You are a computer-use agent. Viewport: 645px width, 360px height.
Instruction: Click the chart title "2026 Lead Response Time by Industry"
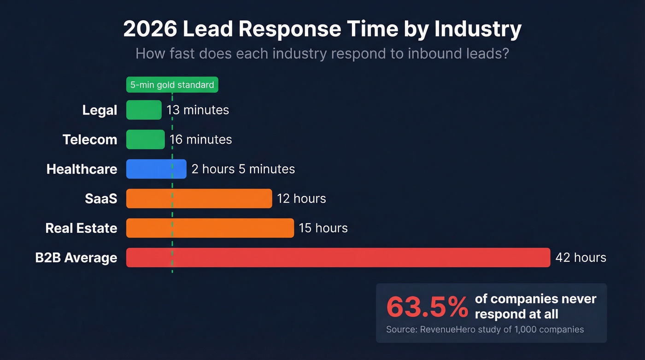coord(322,30)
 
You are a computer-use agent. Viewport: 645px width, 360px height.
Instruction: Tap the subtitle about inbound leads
coord(322,53)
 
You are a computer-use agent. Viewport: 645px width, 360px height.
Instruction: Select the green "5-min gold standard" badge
coord(172,85)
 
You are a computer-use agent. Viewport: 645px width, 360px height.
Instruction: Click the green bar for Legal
coord(144,110)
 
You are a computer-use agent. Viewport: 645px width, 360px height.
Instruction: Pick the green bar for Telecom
coord(145,139)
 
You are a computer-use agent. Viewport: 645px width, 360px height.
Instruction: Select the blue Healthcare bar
coord(156,169)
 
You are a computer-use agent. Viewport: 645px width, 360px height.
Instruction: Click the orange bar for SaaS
coord(199,198)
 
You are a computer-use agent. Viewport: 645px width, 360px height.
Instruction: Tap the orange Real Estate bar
coord(210,228)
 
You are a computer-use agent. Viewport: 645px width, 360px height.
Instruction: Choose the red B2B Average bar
coord(338,257)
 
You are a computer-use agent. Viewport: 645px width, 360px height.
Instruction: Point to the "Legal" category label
coord(100,110)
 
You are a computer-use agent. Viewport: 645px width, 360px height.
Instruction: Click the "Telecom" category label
coord(90,140)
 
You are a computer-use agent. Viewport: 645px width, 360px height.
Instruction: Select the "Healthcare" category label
coord(82,169)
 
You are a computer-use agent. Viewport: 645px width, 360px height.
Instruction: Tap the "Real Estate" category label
coord(81,228)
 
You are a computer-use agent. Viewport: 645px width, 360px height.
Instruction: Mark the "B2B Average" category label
coord(76,258)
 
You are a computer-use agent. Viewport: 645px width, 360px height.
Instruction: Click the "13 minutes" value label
coord(198,110)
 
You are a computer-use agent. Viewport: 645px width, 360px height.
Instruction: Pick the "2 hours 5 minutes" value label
coord(243,169)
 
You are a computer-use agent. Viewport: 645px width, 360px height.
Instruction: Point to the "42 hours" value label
coord(580,257)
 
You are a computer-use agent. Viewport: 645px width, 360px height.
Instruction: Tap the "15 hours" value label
coord(323,228)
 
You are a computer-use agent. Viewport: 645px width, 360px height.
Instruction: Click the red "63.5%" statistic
coord(427,307)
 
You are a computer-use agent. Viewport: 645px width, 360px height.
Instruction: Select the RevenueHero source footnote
coord(485,330)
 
